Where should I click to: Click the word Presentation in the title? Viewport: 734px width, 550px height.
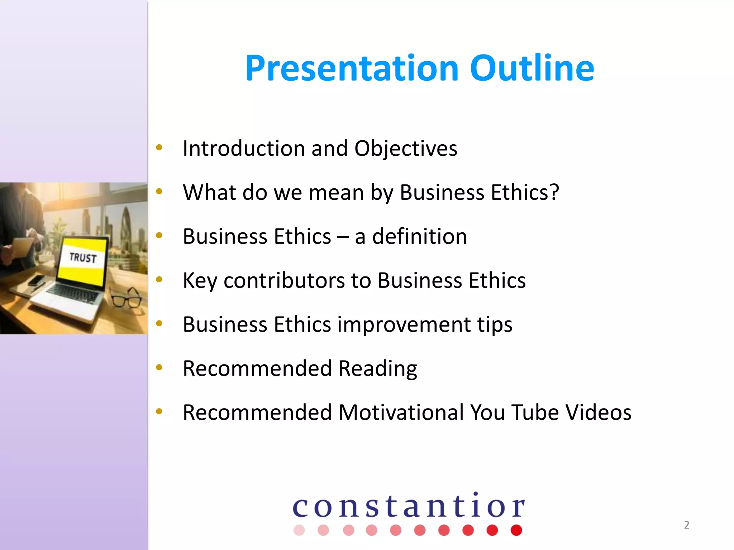tap(352, 68)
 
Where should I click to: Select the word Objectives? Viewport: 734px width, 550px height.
tap(406, 148)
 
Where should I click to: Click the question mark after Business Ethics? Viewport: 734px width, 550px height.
tap(554, 192)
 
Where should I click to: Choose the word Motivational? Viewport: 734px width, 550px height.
tap(401, 412)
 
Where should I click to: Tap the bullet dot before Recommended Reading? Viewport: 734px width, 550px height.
tap(159, 367)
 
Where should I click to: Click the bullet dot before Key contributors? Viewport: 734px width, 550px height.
tap(159, 279)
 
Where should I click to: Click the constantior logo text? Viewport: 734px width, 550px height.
tap(409, 506)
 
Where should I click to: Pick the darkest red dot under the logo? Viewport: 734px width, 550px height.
tap(516, 530)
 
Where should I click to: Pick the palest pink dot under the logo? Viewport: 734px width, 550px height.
tap(299, 530)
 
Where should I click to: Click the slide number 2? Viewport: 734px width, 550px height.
tap(686, 525)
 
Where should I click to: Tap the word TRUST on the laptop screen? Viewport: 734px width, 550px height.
tap(83, 257)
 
